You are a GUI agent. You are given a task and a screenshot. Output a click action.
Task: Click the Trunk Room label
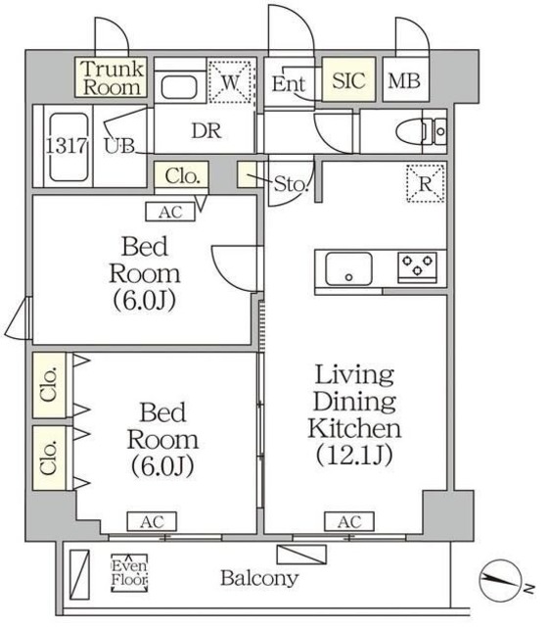(113, 77)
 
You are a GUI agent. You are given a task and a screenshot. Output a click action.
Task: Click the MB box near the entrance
(404, 81)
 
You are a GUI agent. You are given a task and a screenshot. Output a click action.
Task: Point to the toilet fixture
(422, 129)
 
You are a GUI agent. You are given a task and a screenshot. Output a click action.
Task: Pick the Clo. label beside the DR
(182, 177)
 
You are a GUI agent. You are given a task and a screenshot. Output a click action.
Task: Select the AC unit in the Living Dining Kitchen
(349, 522)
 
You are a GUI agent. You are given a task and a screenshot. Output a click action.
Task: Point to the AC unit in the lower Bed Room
(150, 522)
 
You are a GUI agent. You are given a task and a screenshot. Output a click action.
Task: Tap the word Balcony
(258, 578)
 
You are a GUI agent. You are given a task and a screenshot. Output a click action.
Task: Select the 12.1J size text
(355, 455)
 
